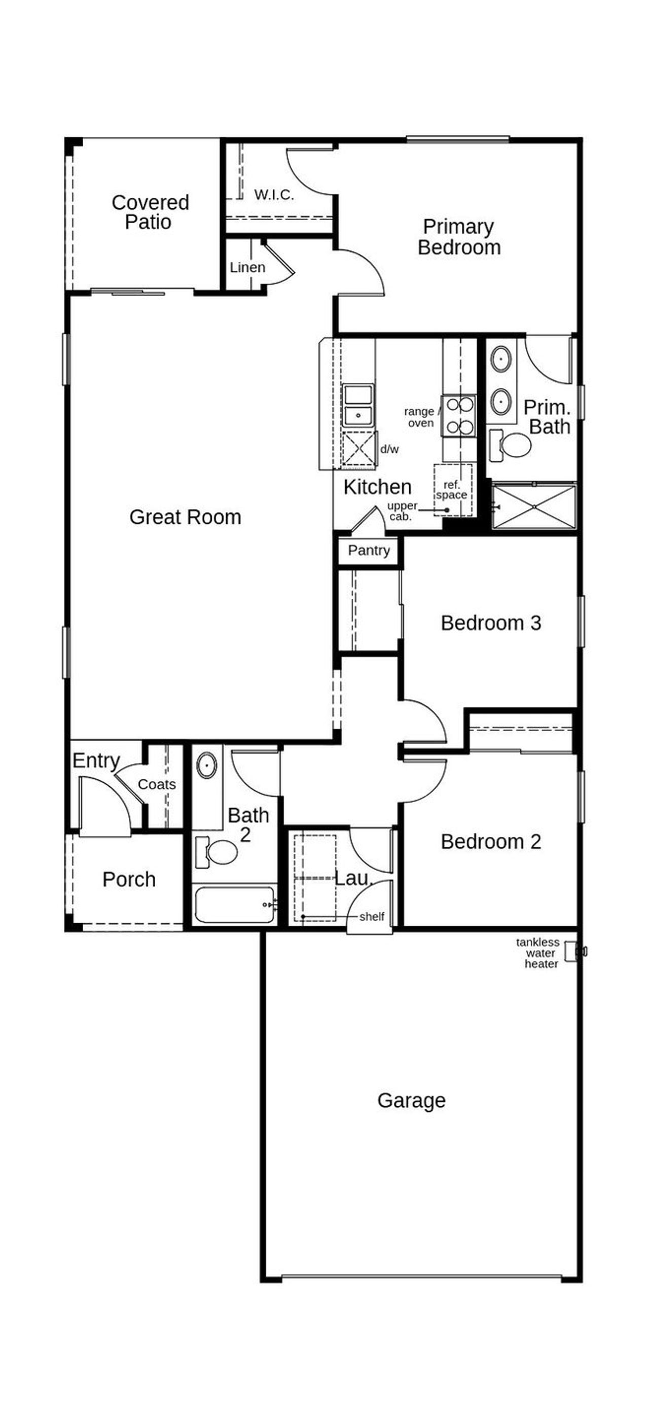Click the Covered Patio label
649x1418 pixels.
(x=150, y=212)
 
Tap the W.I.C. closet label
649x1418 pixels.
(x=274, y=194)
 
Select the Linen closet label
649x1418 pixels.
(x=247, y=268)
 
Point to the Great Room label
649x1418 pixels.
(x=185, y=517)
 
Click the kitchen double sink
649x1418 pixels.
(x=358, y=406)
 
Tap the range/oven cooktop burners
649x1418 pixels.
(x=459, y=416)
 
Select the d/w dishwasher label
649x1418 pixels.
(x=389, y=449)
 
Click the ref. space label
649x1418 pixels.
(x=452, y=489)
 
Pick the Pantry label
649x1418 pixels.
(x=368, y=551)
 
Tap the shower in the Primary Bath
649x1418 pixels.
(x=533, y=506)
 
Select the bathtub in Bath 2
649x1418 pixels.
(x=234, y=904)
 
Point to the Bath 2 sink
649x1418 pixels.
(x=207, y=765)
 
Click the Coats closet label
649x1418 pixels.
(x=156, y=784)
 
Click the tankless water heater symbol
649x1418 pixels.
(x=575, y=952)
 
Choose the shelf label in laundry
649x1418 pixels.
(x=372, y=917)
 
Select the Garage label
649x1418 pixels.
(x=411, y=1101)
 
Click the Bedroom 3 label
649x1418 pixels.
(x=490, y=623)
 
